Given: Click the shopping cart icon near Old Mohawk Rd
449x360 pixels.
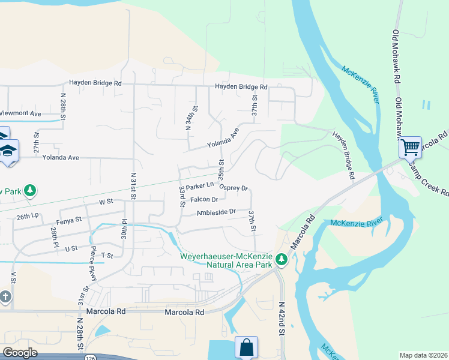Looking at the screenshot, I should (x=411, y=146).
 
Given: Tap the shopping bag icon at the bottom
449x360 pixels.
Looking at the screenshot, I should (x=246, y=347).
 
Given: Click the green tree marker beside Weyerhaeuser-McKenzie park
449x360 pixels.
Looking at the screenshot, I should (x=281, y=260).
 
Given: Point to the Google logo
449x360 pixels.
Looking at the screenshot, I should (x=20, y=353).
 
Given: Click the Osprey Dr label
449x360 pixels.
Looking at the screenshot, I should (x=234, y=188).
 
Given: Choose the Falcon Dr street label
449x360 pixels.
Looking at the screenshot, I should (x=203, y=200).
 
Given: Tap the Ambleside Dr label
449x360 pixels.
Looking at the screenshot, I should (x=216, y=212).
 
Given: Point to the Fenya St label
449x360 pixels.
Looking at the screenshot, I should (x=69, y=220).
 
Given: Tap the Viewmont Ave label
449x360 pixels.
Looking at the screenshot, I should (x=20, y=113).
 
